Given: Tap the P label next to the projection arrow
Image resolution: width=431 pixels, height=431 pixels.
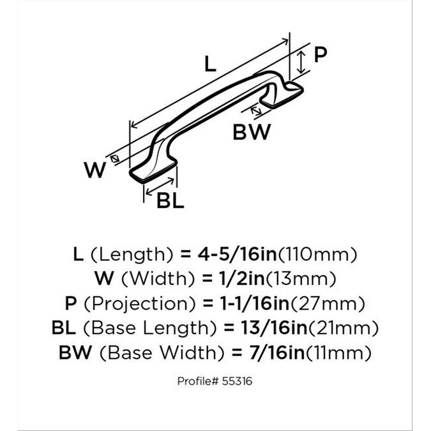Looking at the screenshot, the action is (x=321, y=54).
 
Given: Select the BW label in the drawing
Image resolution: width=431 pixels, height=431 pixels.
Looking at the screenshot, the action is (x=252, y=132).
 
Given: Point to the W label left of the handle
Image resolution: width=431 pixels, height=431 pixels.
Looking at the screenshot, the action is (x=95, y=170).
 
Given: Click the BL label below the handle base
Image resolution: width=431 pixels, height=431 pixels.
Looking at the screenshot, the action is (x=170, y=200).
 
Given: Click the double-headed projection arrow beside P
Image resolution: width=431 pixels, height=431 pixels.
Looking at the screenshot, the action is (x=301, y=62).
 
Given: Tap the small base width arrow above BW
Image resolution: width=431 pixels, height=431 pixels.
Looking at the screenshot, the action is (x=256, y=110).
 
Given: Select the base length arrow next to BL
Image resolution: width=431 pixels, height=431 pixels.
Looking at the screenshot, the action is (x=160, y=187).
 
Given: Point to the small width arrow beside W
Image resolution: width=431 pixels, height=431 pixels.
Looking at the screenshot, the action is (x=115, y=158).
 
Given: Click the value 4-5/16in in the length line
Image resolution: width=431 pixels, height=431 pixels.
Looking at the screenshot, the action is (x=238, y=254).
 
